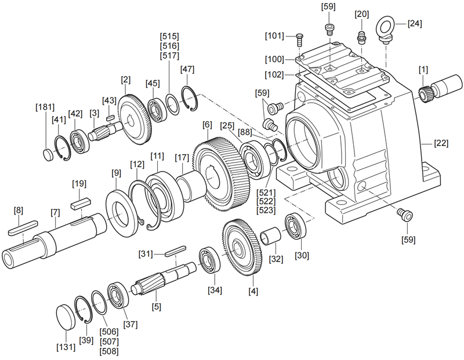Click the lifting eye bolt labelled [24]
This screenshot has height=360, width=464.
(x=386, y=28)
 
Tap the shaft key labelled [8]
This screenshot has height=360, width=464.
(x=23, y=227)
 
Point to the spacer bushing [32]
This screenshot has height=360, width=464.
(x=271, y=237)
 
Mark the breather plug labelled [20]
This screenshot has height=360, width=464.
(x=360, y=38)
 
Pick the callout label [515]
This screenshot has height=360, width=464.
(x=171, y=35)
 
